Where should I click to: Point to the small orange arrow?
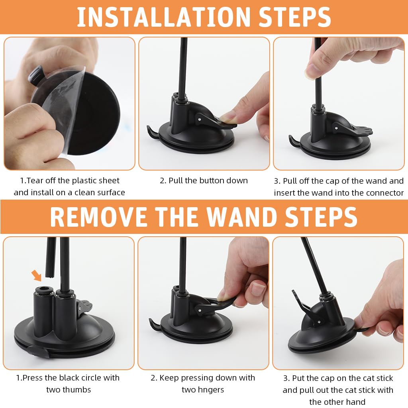point(36,275)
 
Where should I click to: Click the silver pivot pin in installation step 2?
point(199,120)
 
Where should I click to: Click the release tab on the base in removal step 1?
point(38,351)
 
